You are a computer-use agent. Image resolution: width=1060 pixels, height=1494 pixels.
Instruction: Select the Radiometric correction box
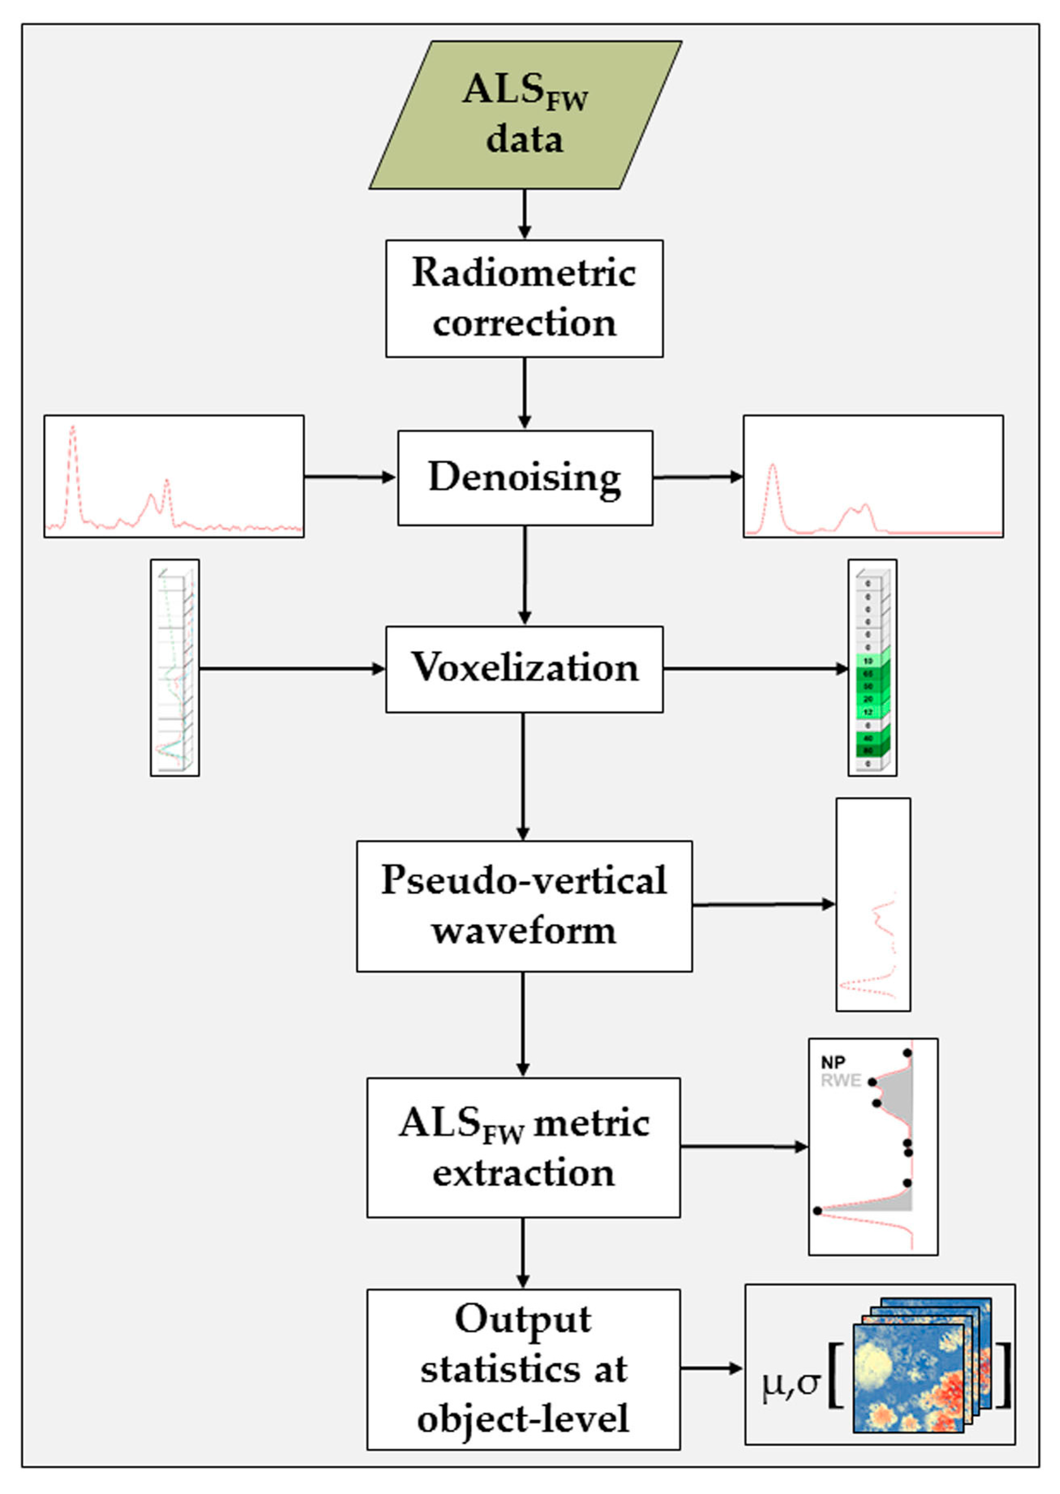[x=524, y=298]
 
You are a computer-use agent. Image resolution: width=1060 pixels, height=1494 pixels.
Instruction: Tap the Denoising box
[x=525, y=478]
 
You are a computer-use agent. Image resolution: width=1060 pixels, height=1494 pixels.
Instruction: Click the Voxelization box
[x=524, y=669]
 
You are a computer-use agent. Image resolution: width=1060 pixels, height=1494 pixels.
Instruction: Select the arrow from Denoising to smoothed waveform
[x=697, y=477]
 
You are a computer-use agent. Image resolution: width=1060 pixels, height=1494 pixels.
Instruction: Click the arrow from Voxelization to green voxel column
[x=755, y=669]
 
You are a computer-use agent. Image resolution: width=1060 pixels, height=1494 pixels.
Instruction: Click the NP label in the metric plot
[x=833, y=1063]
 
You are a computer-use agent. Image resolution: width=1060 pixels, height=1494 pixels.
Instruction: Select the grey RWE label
[x=841, y=1081]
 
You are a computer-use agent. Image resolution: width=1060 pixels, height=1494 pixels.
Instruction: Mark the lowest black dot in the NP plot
[x=817, y=1211]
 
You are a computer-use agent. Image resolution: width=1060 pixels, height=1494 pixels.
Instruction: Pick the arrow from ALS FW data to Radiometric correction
[x=524, y=214]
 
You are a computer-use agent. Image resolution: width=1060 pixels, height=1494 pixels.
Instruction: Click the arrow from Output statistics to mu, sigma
[x=711, y=1369]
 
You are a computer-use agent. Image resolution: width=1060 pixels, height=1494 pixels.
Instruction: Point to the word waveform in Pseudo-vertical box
[x=524, y=931]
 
